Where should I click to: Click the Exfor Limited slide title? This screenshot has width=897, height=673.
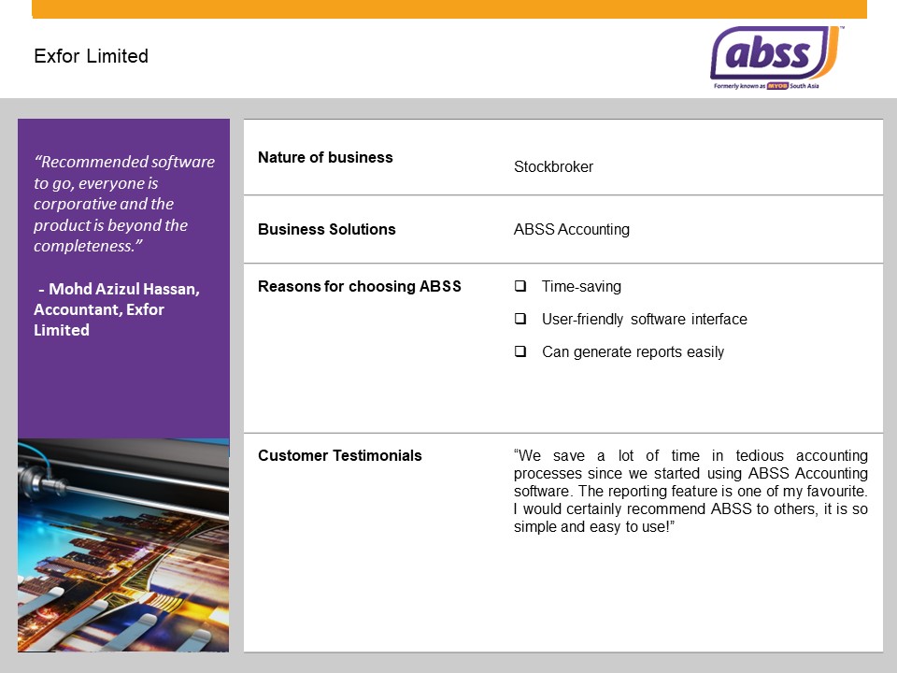click(91, 56)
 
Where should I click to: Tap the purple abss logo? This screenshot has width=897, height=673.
click(773, 54)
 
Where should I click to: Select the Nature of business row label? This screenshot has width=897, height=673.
click(325, 157)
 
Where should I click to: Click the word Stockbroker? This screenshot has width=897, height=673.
click(553, 167)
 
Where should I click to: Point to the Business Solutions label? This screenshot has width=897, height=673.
click(326, 229)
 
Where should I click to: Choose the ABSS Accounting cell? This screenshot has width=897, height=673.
click(571, 229)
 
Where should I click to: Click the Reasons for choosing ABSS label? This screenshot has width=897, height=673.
click(359, 286)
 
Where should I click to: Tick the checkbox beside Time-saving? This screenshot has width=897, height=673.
click(520, 286)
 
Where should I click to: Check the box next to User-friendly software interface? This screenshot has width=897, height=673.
click(520, 319)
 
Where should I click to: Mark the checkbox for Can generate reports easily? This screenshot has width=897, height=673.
click(520, 351)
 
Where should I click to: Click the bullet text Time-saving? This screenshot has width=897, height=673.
click(581, 287)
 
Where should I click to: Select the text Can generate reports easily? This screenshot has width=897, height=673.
click(633, 352)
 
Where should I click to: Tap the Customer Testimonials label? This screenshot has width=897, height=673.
click(339, 455)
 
